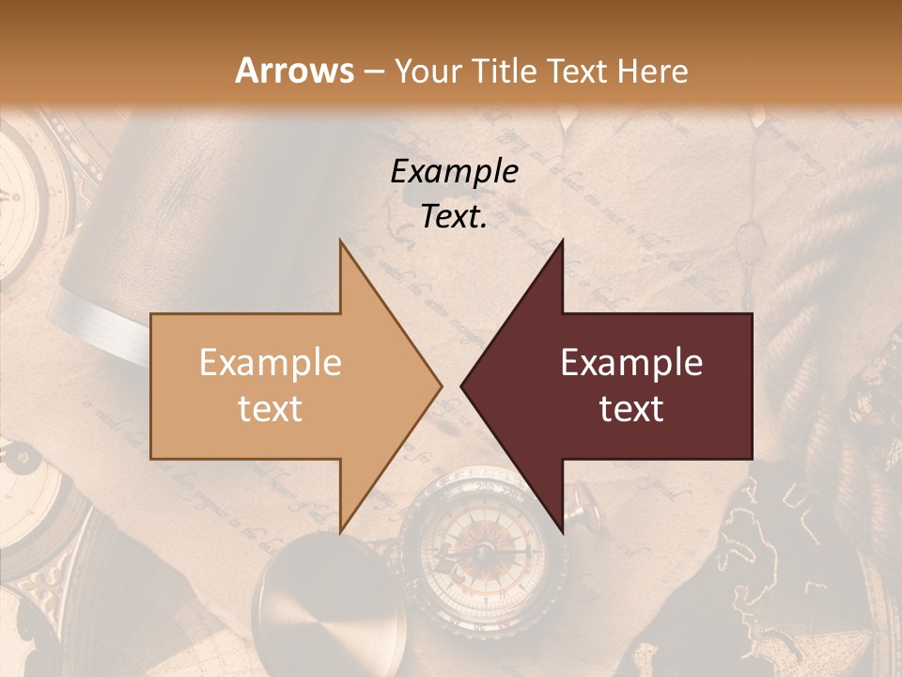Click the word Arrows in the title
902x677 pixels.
point(295,71)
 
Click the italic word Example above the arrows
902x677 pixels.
point(454,172)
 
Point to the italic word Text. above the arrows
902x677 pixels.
point(454,217)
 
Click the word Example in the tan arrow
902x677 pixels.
point(270,363)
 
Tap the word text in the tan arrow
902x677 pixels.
point(270,409)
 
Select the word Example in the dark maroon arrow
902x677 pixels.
point(631,363)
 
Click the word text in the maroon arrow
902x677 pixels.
point(631,409)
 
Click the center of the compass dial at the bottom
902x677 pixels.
point(480,550)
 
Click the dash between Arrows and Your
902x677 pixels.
point(373,71)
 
